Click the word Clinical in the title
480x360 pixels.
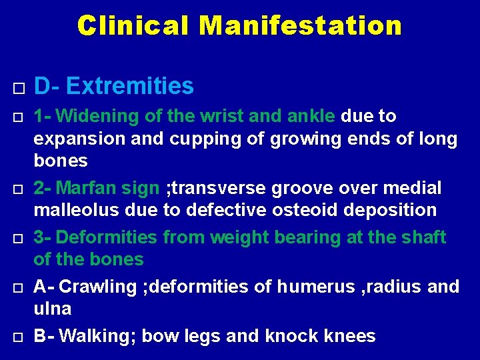tap(133, 26)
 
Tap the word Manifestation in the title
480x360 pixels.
tap(300, 26)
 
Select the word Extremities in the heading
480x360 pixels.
tap(130, 86)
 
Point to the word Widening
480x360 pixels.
tap(99, 116)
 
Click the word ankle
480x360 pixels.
tap(312, 116)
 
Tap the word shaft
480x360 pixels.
tap(423, 237)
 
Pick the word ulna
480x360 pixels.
tap(53, 309)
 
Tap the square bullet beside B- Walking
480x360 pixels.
tap(18, 336)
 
